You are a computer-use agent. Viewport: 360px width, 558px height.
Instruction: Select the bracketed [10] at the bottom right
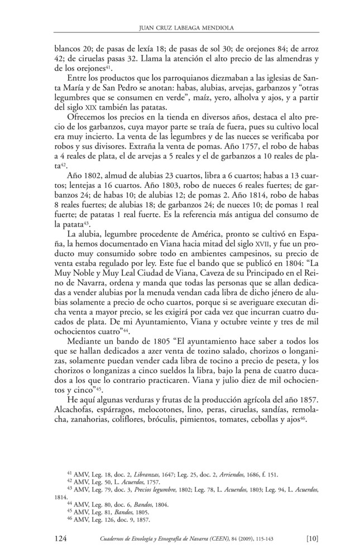click(312, 538)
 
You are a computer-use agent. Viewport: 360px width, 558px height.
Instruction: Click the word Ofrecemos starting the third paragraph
click(88, 117)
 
